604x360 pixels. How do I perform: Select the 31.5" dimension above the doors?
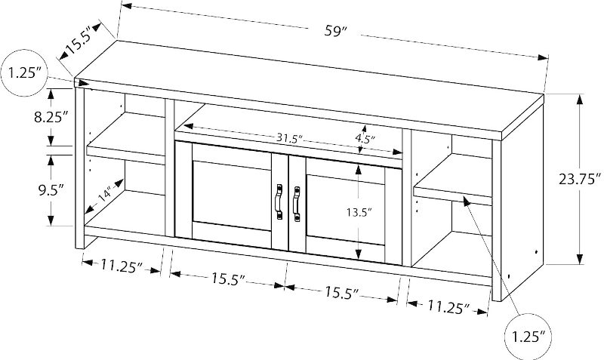pyautogui.click(x=289, y=139)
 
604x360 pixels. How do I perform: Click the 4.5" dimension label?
pyautogui.click(x=364, y=140)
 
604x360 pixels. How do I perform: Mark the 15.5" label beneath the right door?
pyautogui.click(x=341, y=292)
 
